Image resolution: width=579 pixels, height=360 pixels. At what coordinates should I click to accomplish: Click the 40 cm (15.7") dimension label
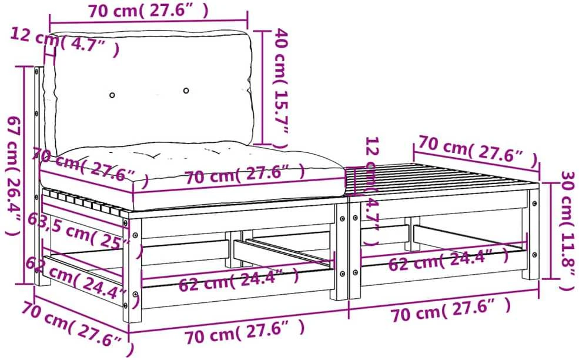point(280,88)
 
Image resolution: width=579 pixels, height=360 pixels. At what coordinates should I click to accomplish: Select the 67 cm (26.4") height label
point(14,175)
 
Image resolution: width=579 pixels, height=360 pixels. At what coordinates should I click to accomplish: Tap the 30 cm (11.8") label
point(568,230)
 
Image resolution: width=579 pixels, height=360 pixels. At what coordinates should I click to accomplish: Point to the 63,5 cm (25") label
point(85,235)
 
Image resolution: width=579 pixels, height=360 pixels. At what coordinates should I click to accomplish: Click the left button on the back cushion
point(112,95)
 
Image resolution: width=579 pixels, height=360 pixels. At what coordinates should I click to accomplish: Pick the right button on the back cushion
point(186,90)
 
